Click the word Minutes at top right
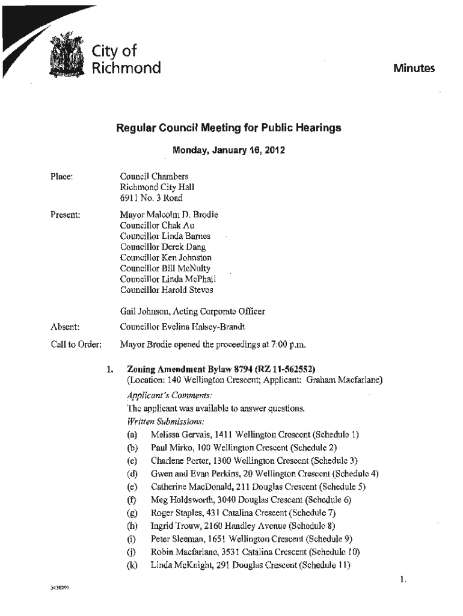(x=414, y=69)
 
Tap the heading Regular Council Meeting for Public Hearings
(x=228, y=128)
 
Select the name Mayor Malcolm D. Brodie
(x=169, y=214)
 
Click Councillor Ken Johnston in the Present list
(x=166, y=257)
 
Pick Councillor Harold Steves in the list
(x=167, y=290)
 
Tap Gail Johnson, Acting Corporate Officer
(x=192, y=312)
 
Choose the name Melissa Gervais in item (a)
(x=179, y=434)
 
